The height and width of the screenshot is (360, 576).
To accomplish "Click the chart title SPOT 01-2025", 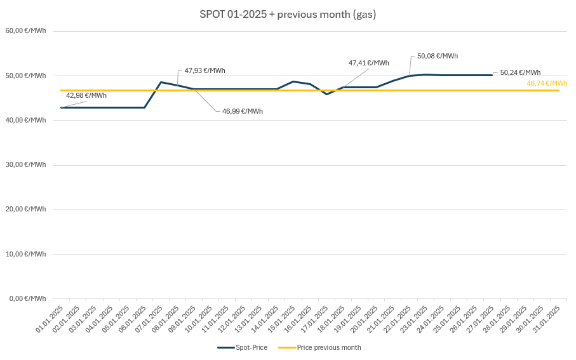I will pos(288,14).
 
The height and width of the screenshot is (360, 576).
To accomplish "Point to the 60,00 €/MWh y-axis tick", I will pos(26,30).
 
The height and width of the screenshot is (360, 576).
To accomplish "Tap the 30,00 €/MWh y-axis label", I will pos(26,164).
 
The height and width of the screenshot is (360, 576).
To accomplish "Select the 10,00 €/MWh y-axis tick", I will pos(26,254).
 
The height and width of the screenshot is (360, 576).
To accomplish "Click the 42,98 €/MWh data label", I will pos(86,95).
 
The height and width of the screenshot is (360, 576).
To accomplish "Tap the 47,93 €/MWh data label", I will pos(204,70).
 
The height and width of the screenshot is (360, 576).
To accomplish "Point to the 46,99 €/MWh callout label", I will pos(242,111).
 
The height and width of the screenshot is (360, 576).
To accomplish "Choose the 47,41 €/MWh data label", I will pos(368,63).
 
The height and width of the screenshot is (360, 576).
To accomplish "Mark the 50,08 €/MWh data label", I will pos(438,56).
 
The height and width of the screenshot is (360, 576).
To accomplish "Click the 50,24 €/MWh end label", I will pos(520,72).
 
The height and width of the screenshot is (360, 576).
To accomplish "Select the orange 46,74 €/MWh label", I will pos(547,83).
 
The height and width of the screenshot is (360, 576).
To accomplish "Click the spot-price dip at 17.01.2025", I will pos(326,94).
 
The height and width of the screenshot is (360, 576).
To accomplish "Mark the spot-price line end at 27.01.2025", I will pos(492,75).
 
